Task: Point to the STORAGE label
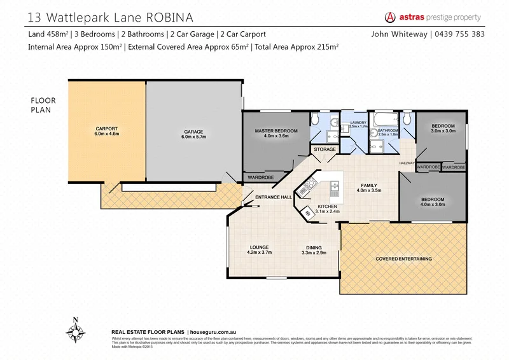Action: coord(324,149)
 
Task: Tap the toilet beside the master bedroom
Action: coord(315,118)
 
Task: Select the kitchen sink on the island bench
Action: coord(333,187)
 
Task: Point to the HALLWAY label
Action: coord(407,163)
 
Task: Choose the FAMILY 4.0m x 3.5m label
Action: coord(370,187)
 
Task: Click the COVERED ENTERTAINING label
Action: coord(403,259)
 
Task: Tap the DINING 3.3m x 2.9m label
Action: coord(314,250)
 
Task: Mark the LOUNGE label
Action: coord(259,249)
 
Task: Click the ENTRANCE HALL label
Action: coord(273,198)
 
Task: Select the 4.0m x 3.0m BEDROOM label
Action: coord(432,202)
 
